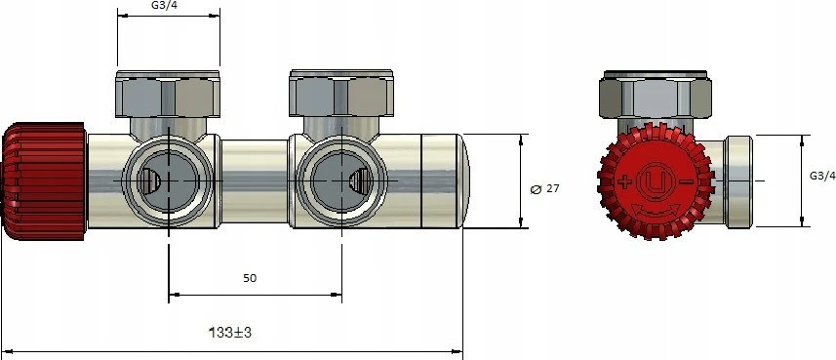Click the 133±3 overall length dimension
(x=230, y=333)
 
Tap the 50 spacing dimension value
(x=250, y=278)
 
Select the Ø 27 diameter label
(x=545, y=189)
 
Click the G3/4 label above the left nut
(x=169, y=5)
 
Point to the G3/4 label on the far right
(x=822, y=176)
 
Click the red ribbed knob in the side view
(x=44, y=181)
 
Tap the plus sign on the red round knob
(x=624, y=182)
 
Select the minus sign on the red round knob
(x=688, y=182)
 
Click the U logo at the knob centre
(x=656, y=181)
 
